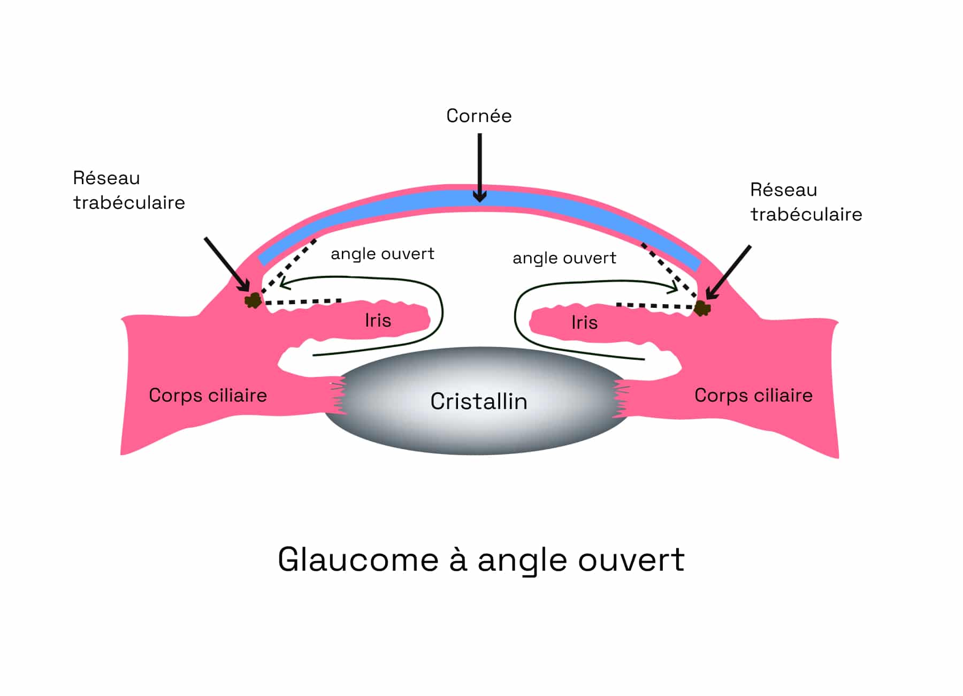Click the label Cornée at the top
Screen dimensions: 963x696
pos(479,116)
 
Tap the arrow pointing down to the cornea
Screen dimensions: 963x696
pos(480,168)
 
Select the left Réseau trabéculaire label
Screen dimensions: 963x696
pos(129,190)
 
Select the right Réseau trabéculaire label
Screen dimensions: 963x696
pos(806,202)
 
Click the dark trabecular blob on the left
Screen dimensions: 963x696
pos(253,300)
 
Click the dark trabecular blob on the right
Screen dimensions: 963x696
pos(702,308)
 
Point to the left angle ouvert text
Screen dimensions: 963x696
pos(383,254)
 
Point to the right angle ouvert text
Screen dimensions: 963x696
pos(564,258)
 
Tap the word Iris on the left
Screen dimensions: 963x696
pos(378,320)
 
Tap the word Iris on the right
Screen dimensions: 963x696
pos(584,322)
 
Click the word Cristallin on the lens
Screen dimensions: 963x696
pos(479,401)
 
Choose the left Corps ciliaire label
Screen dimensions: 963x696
pos(208,395)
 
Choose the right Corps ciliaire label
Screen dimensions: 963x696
pos(753,395)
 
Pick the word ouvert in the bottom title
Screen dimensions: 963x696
pos(631,560)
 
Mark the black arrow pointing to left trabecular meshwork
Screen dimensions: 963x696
pos(227,265)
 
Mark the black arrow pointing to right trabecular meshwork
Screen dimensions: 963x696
pos(728,273)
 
